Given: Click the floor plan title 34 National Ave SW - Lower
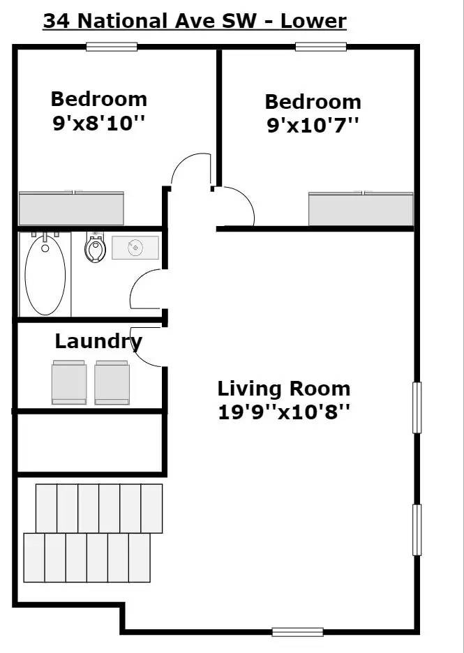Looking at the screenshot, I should point(195,21).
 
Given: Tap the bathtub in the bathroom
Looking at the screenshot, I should point(45,274).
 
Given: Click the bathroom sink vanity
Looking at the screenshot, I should point(135,248).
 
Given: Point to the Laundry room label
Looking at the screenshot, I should point(98,342).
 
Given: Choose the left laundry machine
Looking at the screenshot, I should point(69,382).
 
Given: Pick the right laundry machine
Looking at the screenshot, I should point(112,382).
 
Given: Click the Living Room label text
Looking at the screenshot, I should point(284,389).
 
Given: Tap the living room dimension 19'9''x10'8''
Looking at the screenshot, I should point(284,412).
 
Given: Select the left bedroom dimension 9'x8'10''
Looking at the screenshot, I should point(98,123).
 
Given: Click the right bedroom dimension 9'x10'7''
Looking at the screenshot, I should point(313,126).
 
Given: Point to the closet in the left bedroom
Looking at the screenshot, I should point(71,208).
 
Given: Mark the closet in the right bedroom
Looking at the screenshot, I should point(361,209).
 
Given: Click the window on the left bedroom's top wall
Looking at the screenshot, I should point(112,47).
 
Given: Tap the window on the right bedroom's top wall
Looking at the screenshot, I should point(320,47).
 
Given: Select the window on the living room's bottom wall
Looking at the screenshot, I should point(297,632).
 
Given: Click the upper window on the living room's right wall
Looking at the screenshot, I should point(417,407).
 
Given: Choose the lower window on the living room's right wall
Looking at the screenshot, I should point(417,530).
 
